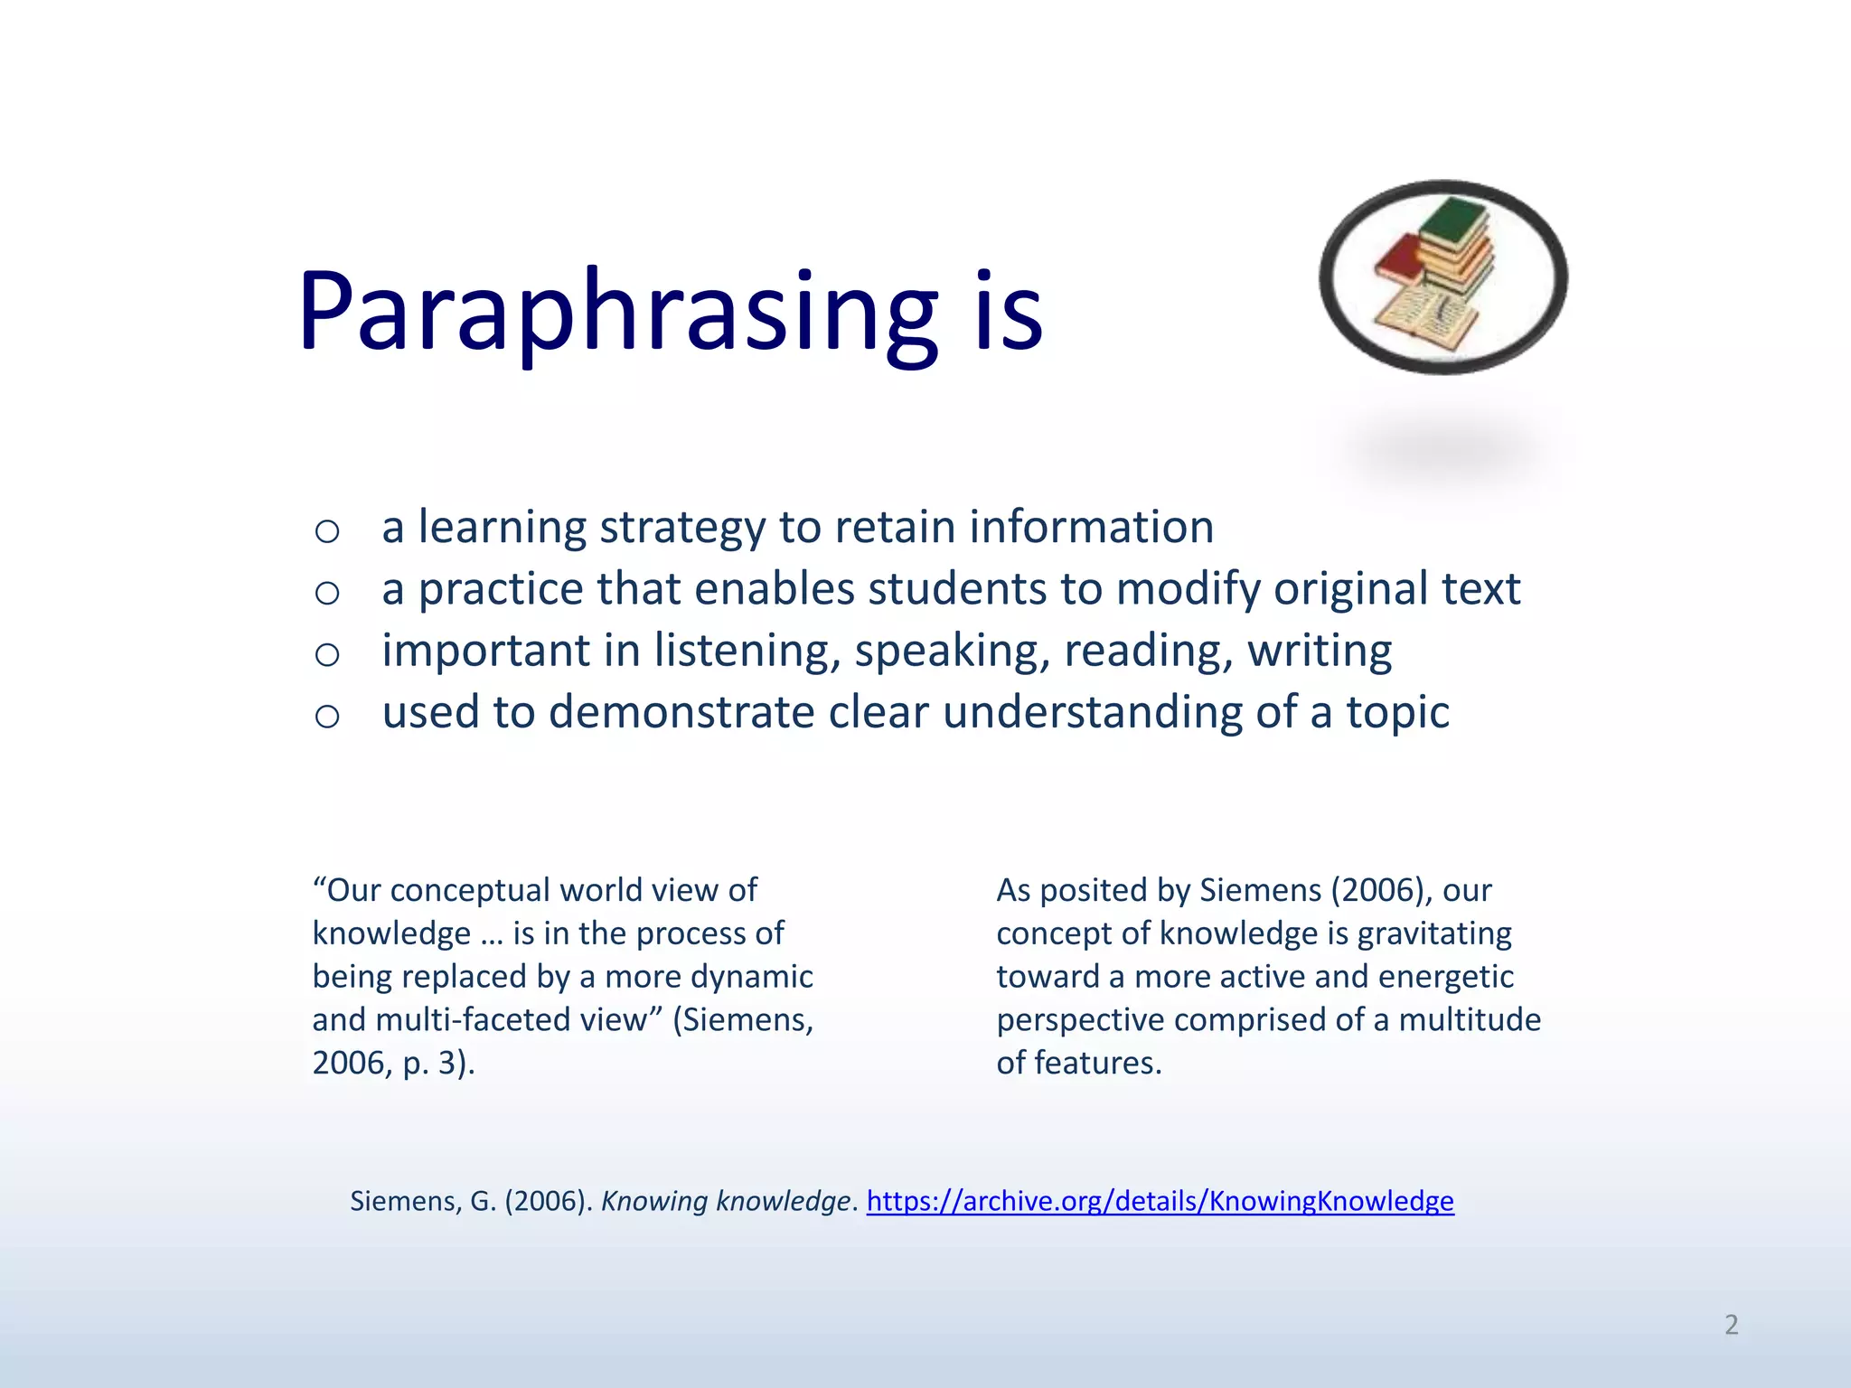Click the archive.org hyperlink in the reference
click(x=1160, y=1201)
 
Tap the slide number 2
click(x=1731, y=1325)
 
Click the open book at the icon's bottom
click(x=1423, y=316)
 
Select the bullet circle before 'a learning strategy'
click(x=327, y=530)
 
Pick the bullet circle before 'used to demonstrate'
click(x=327, y=716)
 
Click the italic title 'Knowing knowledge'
click(x=726, y=1201)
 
